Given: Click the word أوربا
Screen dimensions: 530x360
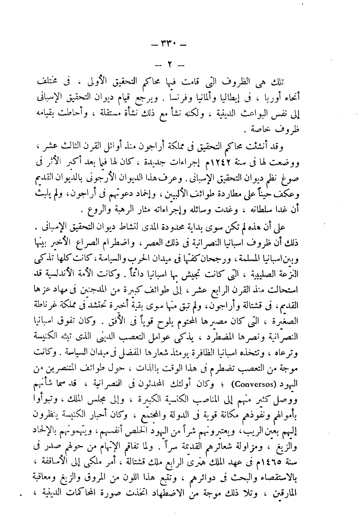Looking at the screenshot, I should click(294, 96).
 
